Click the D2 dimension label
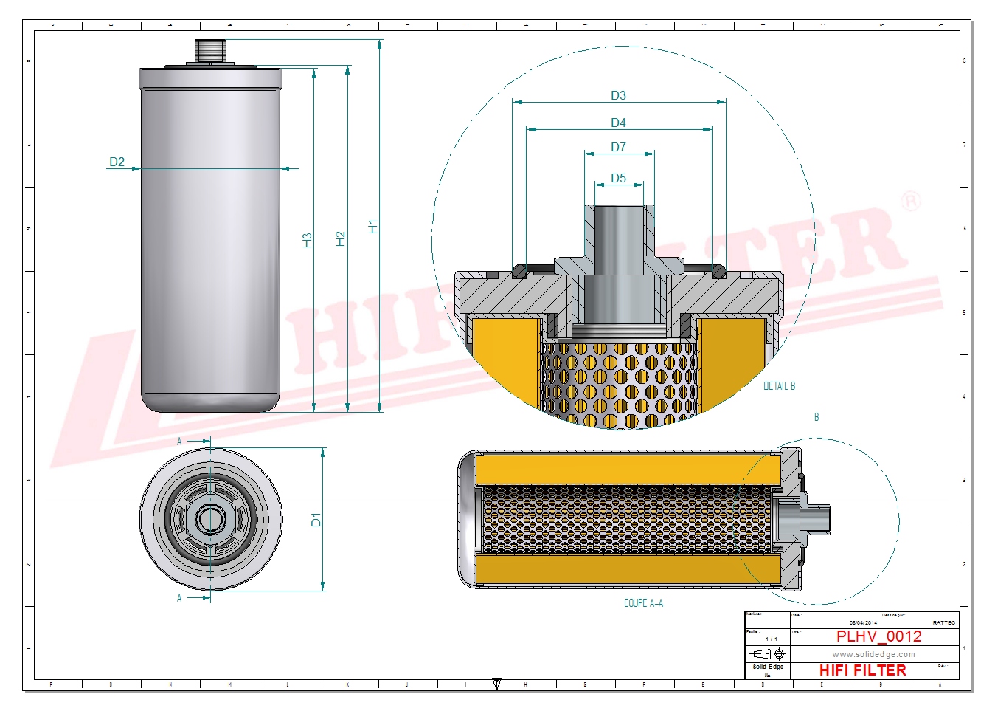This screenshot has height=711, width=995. coord(117,162)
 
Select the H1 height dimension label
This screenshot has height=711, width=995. coord(372,227)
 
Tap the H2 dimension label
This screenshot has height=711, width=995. coord(340,238)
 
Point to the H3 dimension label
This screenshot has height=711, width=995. coord(307,240)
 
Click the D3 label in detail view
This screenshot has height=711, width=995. coord(618,95)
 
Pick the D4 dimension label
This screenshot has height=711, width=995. coord(618,123)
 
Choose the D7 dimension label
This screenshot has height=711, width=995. coord(618,147)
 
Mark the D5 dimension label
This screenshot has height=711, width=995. coord(618,178)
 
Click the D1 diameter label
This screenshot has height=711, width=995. coord(316,520)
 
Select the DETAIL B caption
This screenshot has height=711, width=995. coord(779,386)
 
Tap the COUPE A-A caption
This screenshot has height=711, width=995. coord(643,603)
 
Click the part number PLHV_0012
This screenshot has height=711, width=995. coord(878,636)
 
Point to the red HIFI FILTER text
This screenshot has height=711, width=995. coord(862,670)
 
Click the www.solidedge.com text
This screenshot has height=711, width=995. coord(873,654)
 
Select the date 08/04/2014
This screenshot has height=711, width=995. coord(863,623)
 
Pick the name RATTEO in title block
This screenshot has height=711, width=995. coord(943,623)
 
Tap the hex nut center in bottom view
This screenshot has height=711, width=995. coord(211,519)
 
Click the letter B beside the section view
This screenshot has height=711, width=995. coord(817,417)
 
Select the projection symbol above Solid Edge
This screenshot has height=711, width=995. coord(767,654)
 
